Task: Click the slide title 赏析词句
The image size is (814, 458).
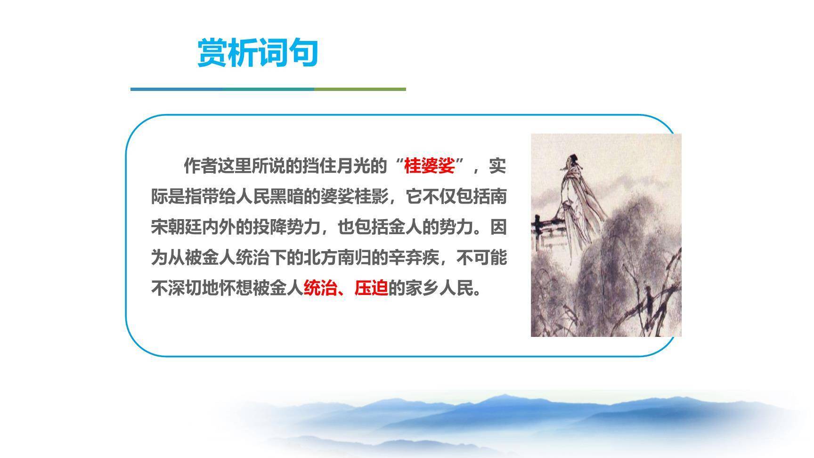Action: (x=258, y=53)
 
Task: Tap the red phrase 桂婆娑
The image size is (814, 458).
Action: (x=429, y=166)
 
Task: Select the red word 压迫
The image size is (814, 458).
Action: (x=371, y=288)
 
